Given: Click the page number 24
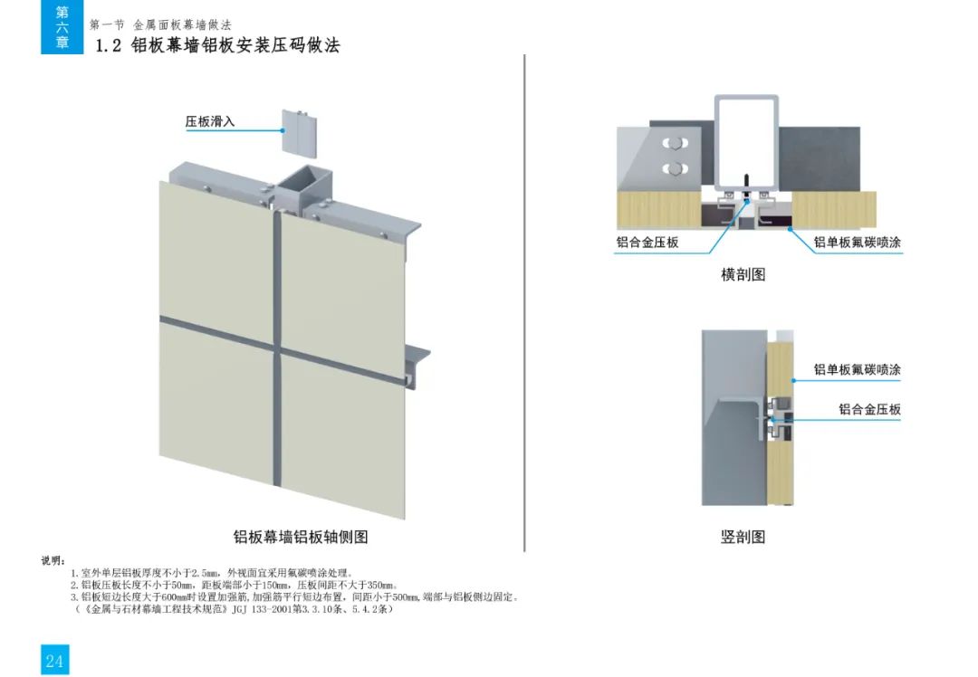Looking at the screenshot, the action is pos(54,661).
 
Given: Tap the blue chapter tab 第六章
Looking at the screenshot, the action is pos(62,27).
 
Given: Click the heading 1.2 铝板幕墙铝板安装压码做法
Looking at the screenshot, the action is pos(217,45).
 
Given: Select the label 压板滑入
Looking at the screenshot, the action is pos(209,121).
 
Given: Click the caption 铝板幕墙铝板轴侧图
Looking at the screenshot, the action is pos(301,537).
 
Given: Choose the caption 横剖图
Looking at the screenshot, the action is pos(743,274).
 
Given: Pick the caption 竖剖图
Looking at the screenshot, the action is pos(743,537).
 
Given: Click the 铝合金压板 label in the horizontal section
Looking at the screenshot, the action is pos(647,243).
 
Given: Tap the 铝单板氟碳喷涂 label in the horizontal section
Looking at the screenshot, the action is pos(857,243).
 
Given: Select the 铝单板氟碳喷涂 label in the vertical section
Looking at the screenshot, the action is pos(857,369).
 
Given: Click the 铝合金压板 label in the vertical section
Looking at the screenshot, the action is pos(869,410).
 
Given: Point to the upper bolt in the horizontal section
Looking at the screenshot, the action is pos(675,144).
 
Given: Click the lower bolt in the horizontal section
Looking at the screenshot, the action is pos(675,169).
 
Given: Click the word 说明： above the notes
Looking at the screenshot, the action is pos(53,561).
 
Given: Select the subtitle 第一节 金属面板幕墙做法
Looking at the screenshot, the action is pos(160,25).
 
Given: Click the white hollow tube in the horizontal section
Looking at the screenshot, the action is pos(746,142).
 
